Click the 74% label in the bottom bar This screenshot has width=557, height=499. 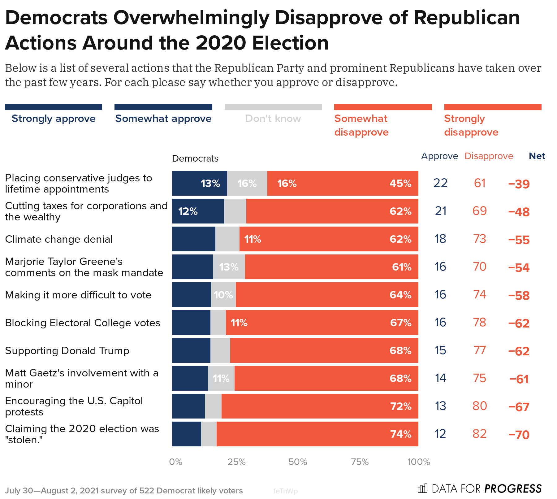click(401, 434)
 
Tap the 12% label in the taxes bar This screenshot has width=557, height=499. click(188, 211)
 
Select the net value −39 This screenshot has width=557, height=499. click(519, 184)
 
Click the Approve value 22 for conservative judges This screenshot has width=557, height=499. click(440, 183)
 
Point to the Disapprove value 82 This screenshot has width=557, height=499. click(480, 434)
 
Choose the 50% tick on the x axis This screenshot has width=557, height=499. click(297, 462)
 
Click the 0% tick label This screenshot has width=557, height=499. click(175, 462)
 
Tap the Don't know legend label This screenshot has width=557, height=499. click(273, 119)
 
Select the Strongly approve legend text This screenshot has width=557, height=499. click(54, 119)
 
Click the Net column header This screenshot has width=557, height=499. click(537, 156)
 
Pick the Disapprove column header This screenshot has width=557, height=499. click(489, 156)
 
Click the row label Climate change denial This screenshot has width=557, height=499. click(59, 239)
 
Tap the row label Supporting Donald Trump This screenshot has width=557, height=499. click(67, 351)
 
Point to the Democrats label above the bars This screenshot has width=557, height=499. click(195, 158)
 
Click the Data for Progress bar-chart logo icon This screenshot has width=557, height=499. click(422, 488)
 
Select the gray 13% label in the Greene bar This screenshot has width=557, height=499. click(229, 267)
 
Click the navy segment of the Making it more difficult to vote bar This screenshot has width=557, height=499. click(191, 295)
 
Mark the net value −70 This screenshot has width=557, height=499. click(519, 435)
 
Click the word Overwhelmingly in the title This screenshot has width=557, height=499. click(192, 18)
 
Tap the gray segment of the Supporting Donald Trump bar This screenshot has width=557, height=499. click(220, 350)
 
